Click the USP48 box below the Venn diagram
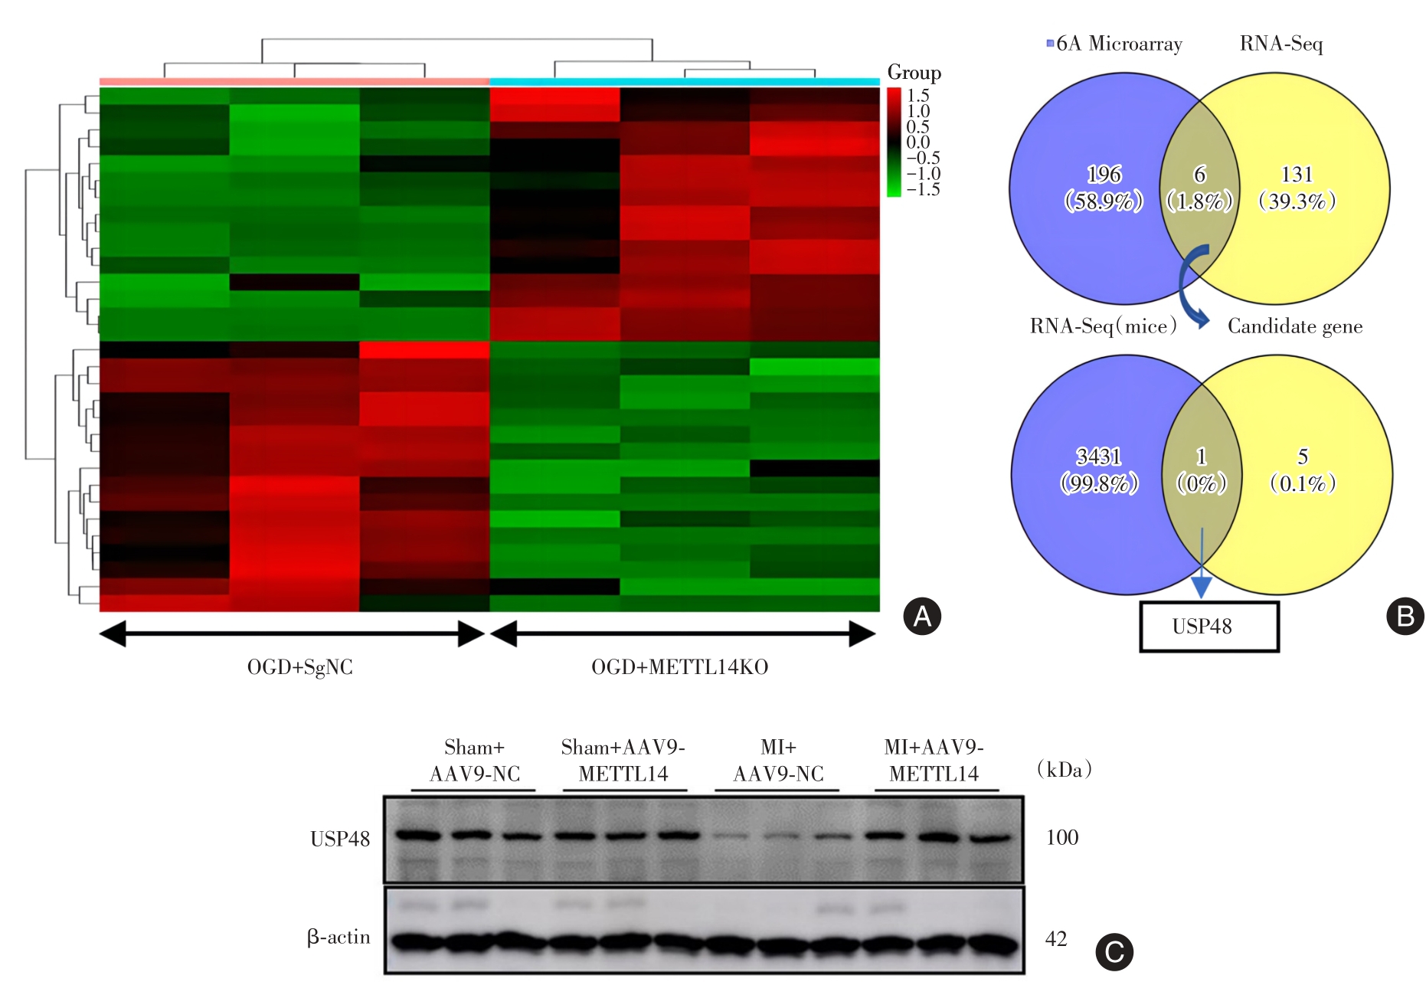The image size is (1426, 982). pyautogui.click(x=1209, y=627)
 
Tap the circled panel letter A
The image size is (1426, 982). pyautogui.click(x=922, y=617)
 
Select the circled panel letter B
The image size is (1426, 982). pyautogui.click(x=1405, y=617)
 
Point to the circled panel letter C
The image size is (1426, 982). pyautogui.click(x=1114, y=952)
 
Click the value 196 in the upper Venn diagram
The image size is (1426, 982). pyautogui.click(x=1104, y=175)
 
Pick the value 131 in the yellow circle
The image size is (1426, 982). pyautogui.click(x=1297, y=175)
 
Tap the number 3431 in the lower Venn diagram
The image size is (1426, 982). pyautogui.click(x=1099, y=457)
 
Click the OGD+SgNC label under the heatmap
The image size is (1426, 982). pyautogui.click(x=299, y=667)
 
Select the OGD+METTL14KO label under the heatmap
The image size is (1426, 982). pyautogui.click(x=679, y=667)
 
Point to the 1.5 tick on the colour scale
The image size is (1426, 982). pyautogui.click(x=917, y=96)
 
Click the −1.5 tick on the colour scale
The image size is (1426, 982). pyautogui.click(x=922, y=190)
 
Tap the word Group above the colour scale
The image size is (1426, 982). pyautogui.click(x=914, y=73)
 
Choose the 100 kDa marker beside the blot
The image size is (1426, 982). pyautogui.click(x=1061, y=837)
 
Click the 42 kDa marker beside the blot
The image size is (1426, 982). pyautogui.click(x=1056, y=939)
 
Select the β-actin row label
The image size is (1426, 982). pyautogui.click(x=339, y=937)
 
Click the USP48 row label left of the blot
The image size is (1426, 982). pyautogui.click(x=339, y=840)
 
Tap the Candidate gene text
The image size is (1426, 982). pyautogui.click(x=1295, y=326)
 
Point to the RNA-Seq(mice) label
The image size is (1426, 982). pyautogui.click(x=1103, y=326)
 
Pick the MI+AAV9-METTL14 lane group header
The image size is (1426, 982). pyautogui.click(x=934, y=761)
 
